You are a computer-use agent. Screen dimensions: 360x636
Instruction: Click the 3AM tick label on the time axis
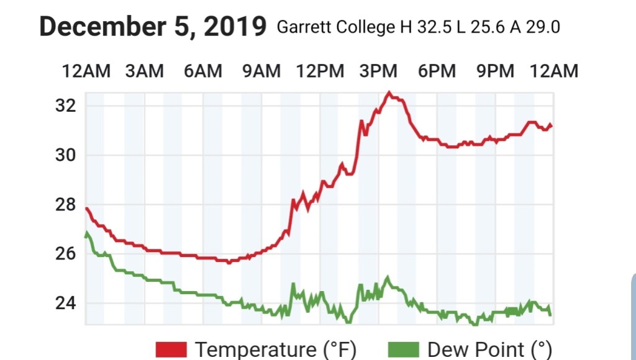pos(144,71)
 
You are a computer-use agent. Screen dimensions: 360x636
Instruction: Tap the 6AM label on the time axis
pos(202,71)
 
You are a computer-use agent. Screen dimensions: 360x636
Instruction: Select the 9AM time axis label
pos(261,71)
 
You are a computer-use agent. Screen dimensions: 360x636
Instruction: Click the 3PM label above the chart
pos(378,71)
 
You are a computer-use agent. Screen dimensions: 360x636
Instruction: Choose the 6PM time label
pos(437,71)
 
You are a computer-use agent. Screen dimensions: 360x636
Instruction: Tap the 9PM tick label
pos(495,71)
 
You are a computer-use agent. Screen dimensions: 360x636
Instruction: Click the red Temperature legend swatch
pos(171,349)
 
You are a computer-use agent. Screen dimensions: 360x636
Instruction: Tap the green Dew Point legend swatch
pos(404,349)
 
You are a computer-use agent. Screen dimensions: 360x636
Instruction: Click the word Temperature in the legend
pos(255,349)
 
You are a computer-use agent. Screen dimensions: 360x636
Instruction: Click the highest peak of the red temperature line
pos(389,93)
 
